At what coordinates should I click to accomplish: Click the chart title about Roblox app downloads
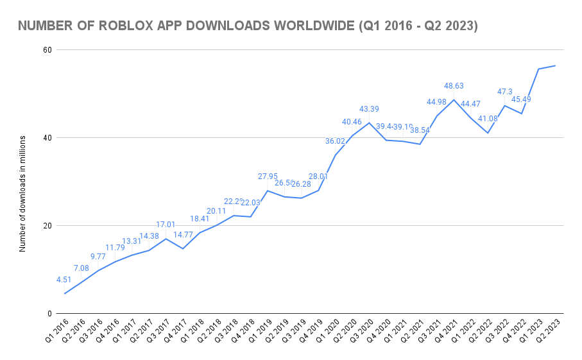[248, 26]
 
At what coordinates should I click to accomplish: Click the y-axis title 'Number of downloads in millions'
[22, 193]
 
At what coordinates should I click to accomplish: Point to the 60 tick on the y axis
[46, 49]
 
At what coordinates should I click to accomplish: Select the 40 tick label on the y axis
[46, 137]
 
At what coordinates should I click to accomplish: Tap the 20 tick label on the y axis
[46, 226]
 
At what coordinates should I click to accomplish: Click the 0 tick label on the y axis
[49, 314]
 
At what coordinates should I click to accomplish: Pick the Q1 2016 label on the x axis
[57, 334]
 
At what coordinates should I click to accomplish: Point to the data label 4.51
[64, 280]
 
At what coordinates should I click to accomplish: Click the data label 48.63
[454, 85]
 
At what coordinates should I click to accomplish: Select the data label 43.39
[369, 108]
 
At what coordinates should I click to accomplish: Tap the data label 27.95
[268, 176]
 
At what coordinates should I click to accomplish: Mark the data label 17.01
[166, 225]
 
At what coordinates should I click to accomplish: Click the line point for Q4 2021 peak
[454, 99]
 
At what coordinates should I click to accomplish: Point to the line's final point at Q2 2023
[555, 65]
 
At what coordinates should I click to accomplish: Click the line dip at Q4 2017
[183, 248]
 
